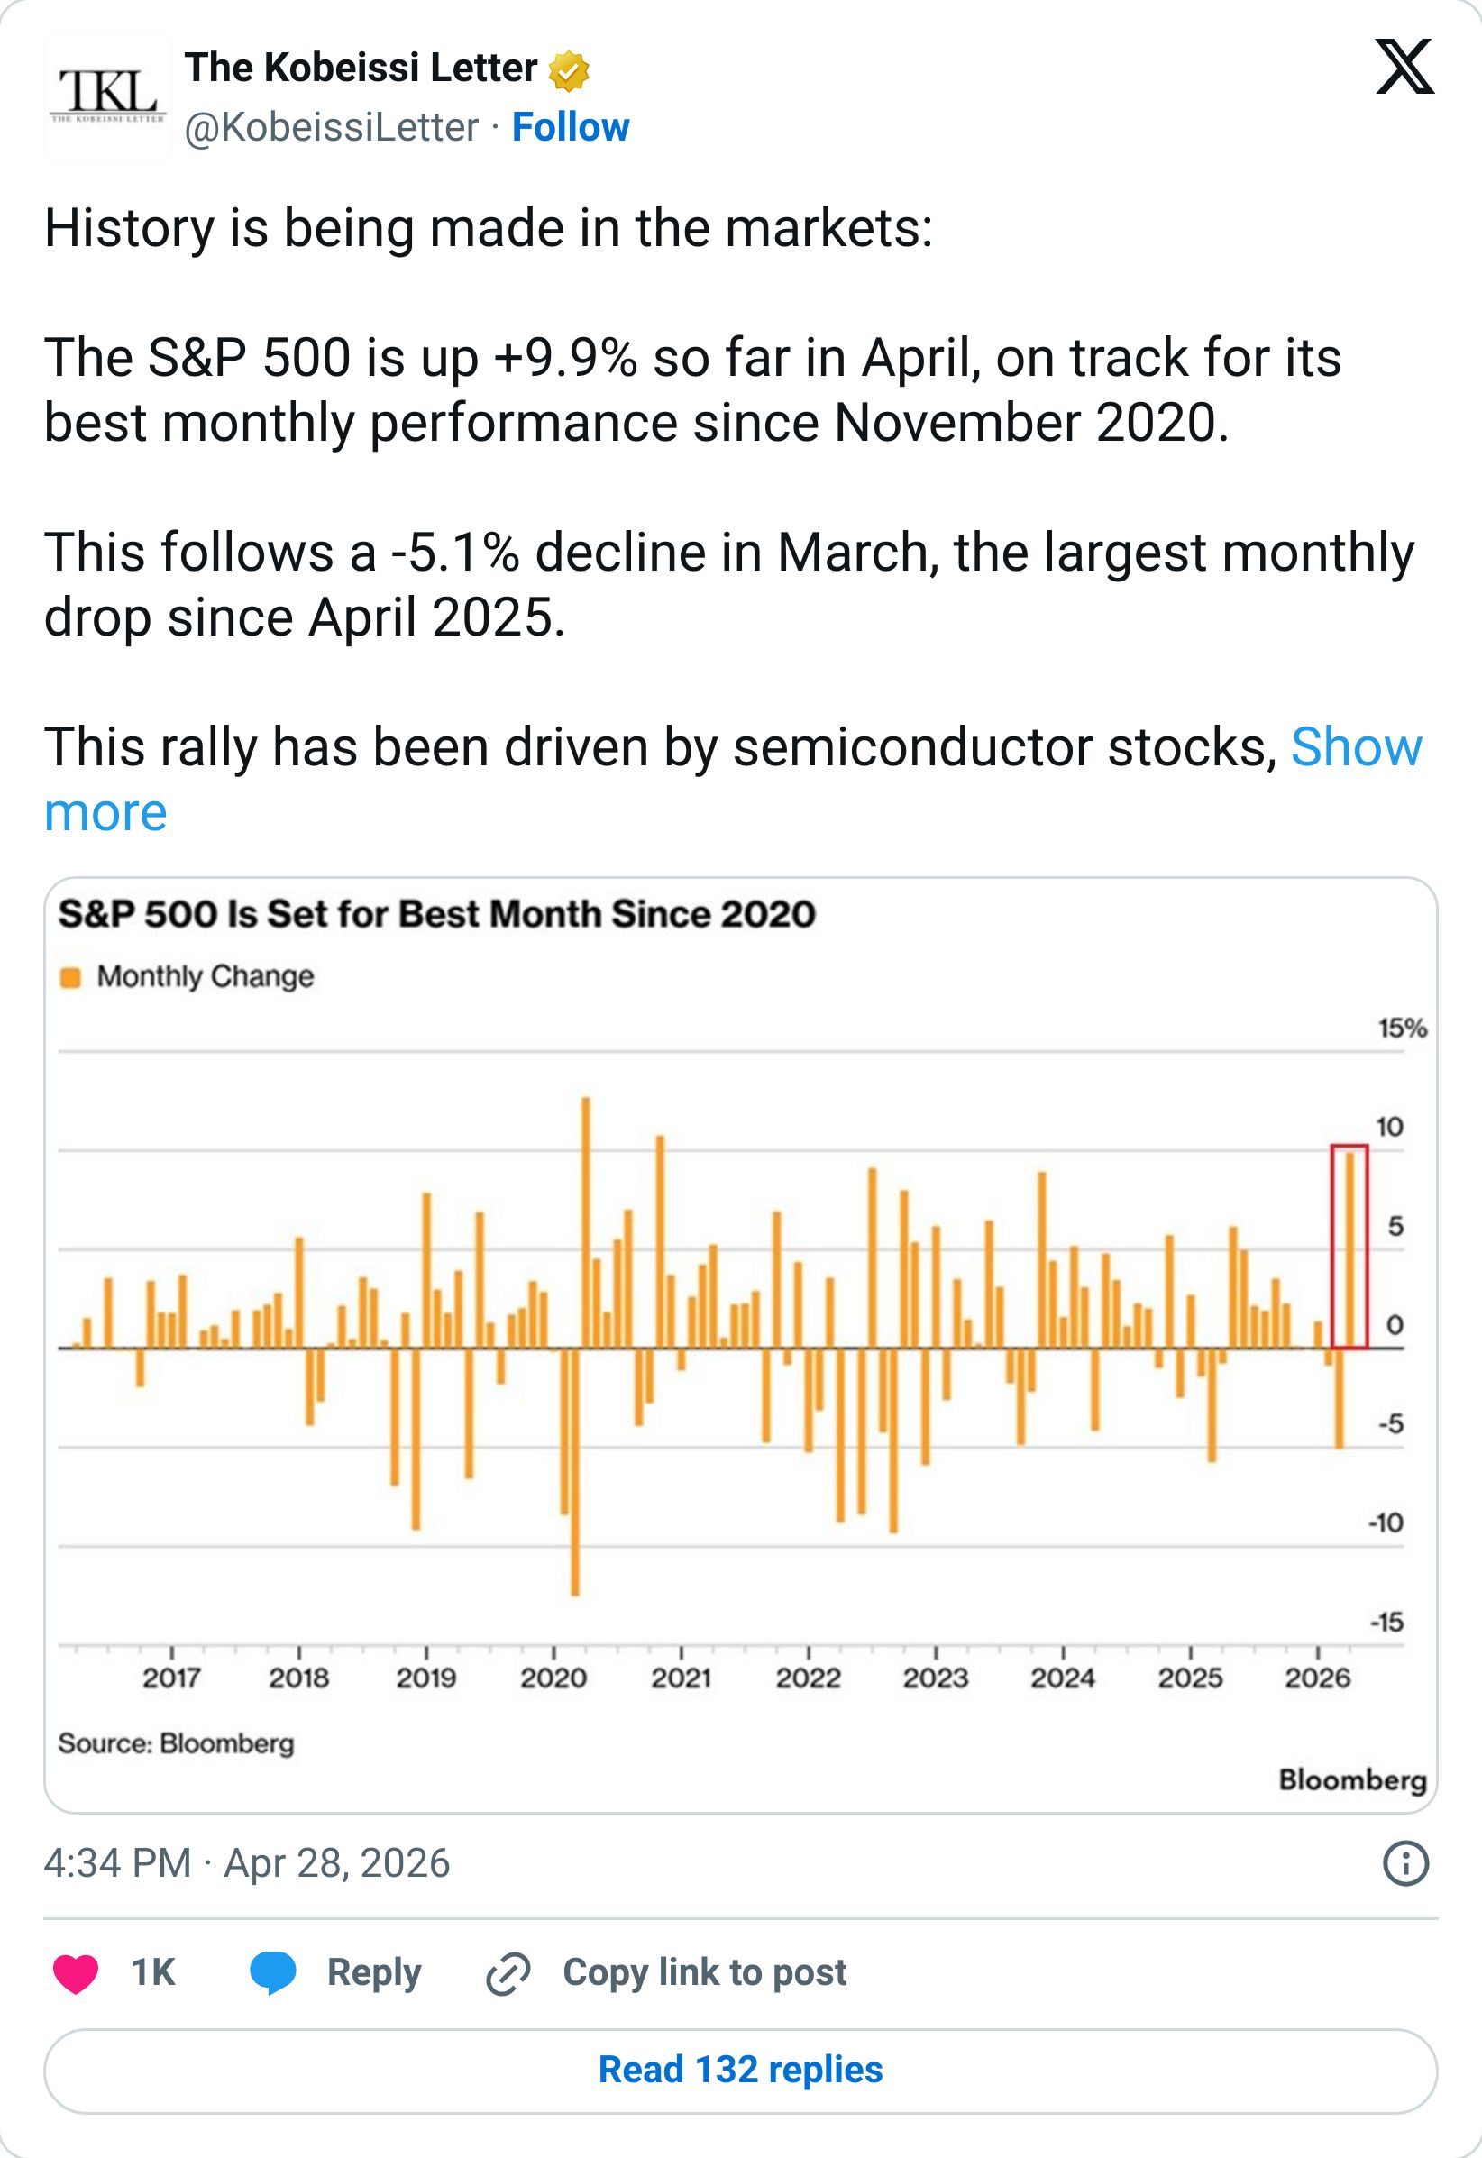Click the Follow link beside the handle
570,127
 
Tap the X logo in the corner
1405,67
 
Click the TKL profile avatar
107,96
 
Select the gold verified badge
569,71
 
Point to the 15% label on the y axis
1402,1029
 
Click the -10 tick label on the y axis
1386,1522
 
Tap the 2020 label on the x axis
553,1678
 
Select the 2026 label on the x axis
1318,1678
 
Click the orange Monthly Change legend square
70,978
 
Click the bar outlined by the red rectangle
1349,1250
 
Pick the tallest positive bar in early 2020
586,1223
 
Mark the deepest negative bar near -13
575,1472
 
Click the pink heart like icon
76,1973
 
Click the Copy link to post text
705,1972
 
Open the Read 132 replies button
741,2071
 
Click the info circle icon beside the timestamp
1406,1862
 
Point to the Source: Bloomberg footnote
177,1743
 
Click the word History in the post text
129,228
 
